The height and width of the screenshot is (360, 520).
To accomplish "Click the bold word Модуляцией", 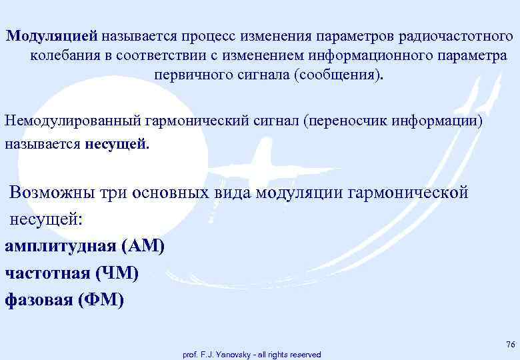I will click(53, 35).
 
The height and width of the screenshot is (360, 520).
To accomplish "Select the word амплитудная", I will click(60, 247).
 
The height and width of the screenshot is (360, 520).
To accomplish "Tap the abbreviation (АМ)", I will click(142, 247).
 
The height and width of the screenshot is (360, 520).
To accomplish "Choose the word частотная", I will click(47, 273).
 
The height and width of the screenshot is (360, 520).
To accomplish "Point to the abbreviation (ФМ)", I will click(101, 300).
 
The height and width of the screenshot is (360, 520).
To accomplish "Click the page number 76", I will click(510, 344).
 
